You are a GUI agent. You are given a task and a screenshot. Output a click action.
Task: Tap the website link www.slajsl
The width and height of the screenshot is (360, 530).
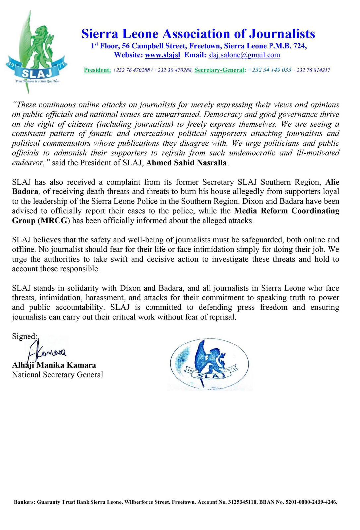click(162, 55)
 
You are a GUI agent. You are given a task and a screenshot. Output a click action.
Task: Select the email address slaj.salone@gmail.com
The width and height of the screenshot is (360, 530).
click(244, 55)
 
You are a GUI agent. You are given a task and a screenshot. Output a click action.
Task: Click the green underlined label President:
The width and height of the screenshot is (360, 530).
click(97, 70)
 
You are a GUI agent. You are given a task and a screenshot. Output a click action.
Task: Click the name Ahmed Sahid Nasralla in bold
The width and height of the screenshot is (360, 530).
click(187, 163)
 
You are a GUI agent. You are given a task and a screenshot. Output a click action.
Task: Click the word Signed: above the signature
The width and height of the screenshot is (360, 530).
click(25, 336)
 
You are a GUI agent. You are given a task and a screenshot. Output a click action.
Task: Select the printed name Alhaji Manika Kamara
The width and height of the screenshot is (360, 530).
click(54, 365)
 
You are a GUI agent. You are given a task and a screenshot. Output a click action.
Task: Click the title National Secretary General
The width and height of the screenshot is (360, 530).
click(57, 375)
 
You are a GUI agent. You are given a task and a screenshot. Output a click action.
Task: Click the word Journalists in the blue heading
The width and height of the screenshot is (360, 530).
click(282, 34)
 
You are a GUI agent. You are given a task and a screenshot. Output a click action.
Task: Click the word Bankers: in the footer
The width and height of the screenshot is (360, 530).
click(25, 502)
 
